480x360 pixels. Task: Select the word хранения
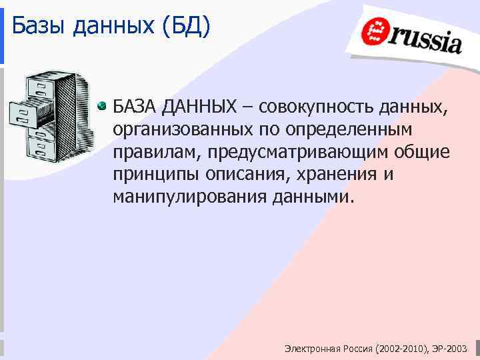[333, 175]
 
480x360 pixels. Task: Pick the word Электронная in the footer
[312, 349]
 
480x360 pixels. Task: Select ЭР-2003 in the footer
[451, 349]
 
